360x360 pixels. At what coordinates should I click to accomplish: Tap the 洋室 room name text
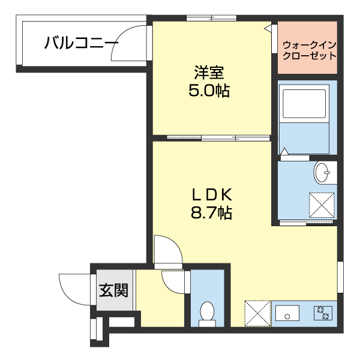pos(209,73)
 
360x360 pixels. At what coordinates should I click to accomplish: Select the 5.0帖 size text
pos(209,91)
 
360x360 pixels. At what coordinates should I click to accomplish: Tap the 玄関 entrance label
pos(113,291)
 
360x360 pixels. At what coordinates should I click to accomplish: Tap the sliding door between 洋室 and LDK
pos(220,138)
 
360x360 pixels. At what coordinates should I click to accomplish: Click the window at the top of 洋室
pos(211,19)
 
